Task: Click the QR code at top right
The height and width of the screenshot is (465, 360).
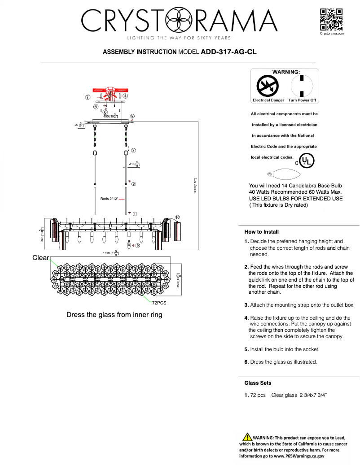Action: tap(331, 19)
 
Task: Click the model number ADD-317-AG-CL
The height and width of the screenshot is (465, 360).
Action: tap(228, 52)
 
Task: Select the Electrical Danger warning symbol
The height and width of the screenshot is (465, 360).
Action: tap(268, 86)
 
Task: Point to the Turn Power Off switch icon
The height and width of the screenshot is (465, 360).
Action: tap(302, 85)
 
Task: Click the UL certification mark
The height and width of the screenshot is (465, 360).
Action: tap(307, 161)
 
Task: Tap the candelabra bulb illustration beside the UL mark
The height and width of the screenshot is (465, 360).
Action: tap(279, 174)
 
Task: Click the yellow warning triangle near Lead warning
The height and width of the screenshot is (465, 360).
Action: tap(246, 437)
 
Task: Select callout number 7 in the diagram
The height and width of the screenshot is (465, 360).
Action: tap(88, 97)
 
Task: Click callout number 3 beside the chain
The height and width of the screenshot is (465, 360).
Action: tap(133, 150)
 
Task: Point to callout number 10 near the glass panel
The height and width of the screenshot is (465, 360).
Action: tap(177, 217)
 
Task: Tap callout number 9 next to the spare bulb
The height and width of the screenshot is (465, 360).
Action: tap(137, 246)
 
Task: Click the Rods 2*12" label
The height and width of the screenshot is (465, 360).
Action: tap(109, 199)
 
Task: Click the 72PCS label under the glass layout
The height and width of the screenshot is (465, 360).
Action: tap(159, 303)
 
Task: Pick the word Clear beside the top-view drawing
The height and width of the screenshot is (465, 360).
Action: tap(40, 258)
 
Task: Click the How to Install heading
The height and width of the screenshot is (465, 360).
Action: tap(261, 232)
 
